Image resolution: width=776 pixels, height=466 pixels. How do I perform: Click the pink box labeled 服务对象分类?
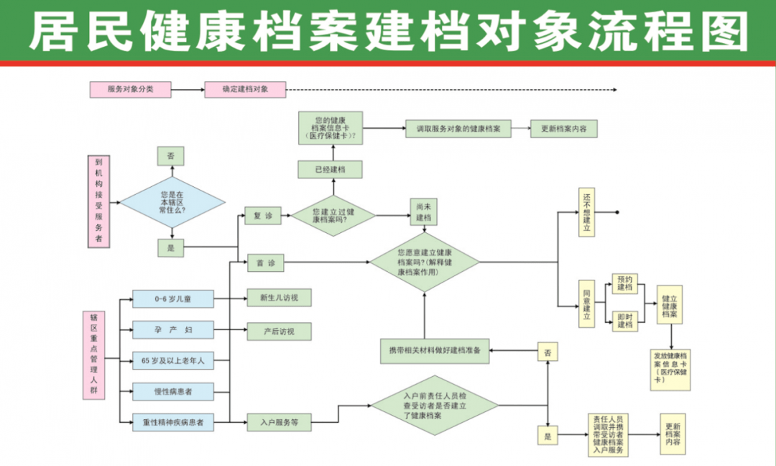coord(130,90)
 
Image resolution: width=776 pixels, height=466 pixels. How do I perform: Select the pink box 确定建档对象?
coord(245,90)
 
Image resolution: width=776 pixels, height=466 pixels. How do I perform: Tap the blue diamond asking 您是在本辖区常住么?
coord(172,203)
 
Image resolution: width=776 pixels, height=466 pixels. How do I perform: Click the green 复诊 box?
coord(263,215)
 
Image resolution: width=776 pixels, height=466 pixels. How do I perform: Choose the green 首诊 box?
coord(265,264)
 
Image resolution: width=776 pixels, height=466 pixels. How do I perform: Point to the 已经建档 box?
coord(330,170)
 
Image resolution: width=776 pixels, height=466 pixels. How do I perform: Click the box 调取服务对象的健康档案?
coord(458,129)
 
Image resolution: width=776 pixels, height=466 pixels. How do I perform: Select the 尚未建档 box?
coord(423,213)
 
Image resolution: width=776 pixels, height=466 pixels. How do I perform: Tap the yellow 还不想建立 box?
coord(586,213)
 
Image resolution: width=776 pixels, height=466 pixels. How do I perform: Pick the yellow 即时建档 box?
coord(625,320)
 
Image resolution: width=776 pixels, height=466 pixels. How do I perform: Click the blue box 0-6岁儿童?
coord(173,298)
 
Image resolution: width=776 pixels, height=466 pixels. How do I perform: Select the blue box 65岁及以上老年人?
coord(173,361)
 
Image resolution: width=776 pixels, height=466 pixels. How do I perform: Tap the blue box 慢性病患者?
coord(173,392)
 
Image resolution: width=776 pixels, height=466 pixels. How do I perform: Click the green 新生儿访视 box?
coord(278,298)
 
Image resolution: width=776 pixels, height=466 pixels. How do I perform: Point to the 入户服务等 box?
coord(279,423)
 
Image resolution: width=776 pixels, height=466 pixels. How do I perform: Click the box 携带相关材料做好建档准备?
coord(435,351)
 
